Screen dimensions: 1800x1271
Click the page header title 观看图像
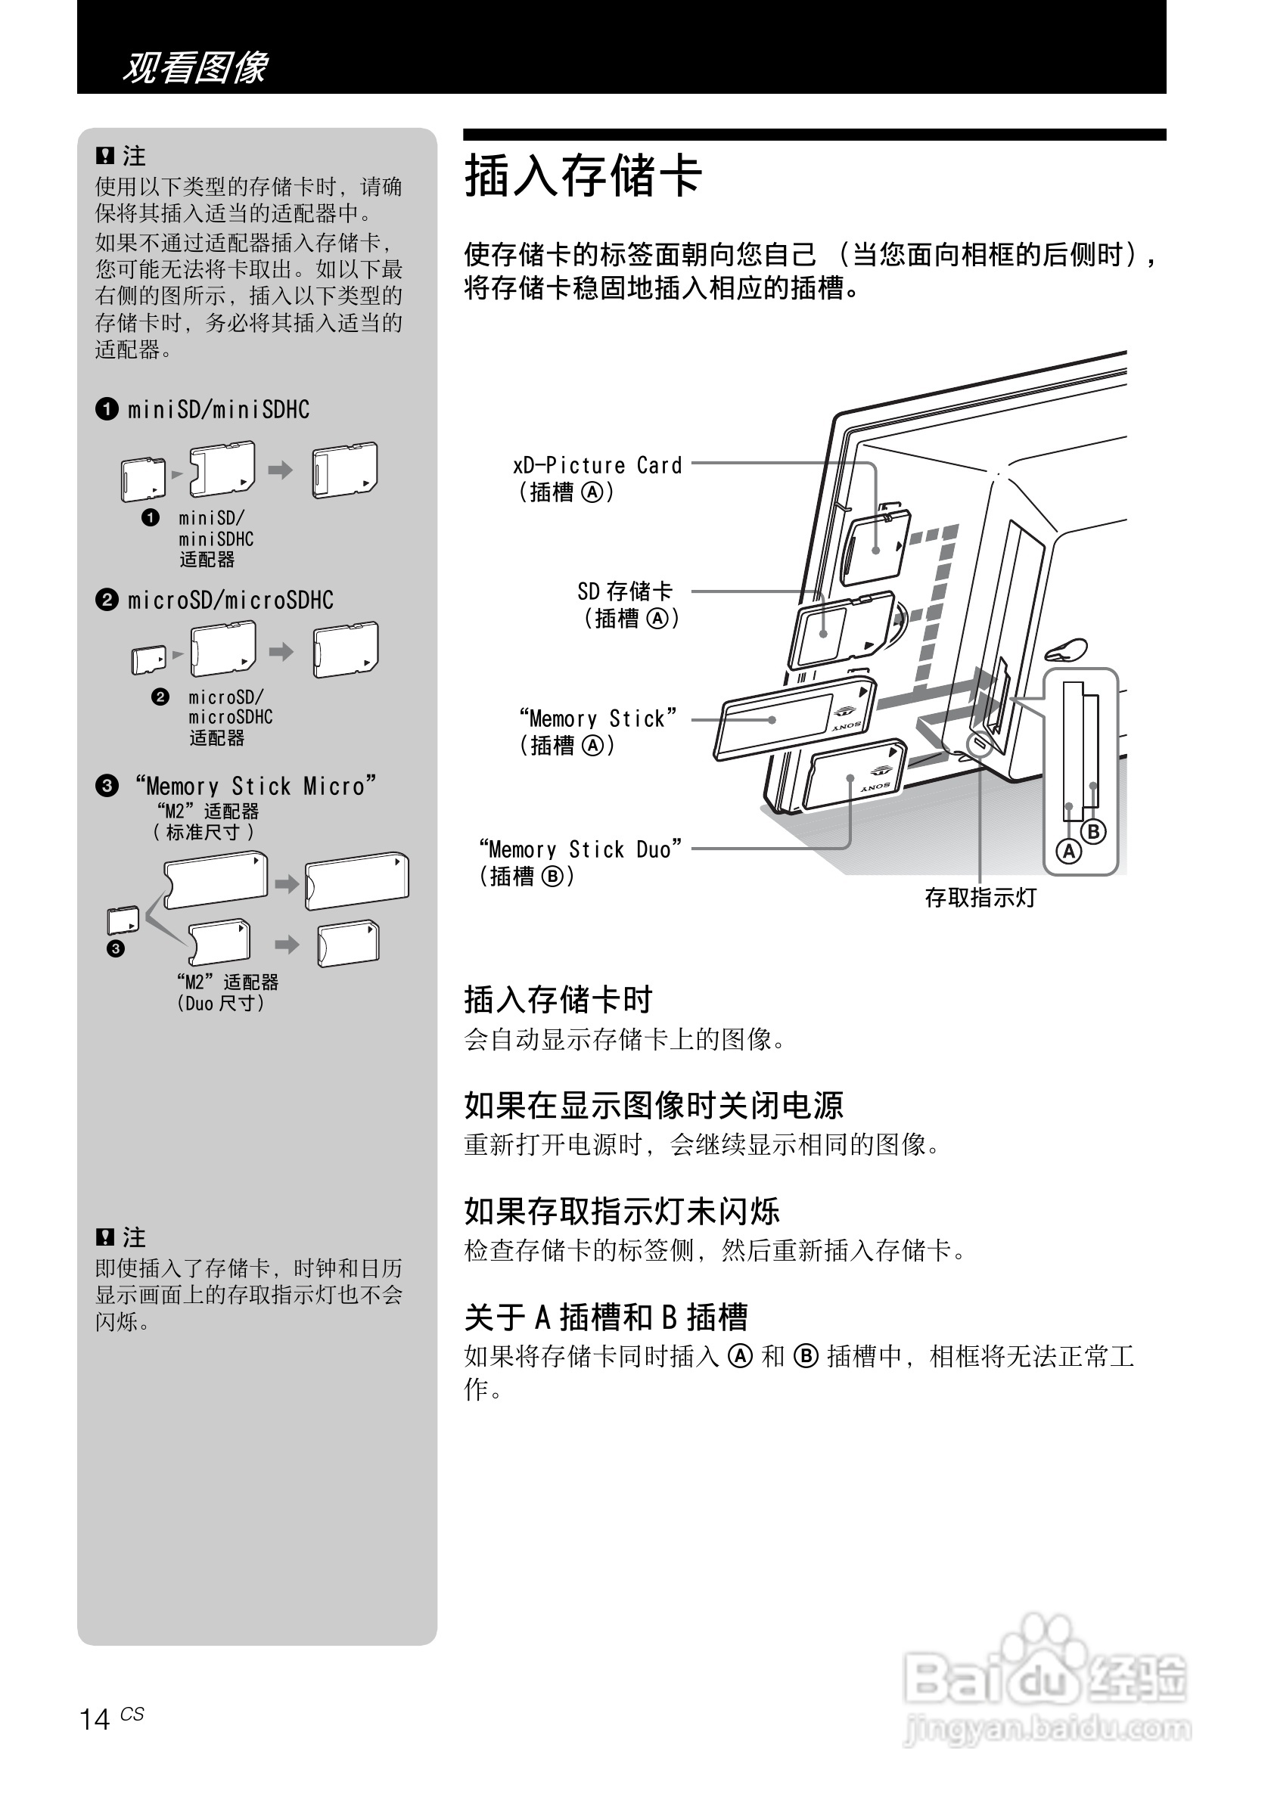(195, 67)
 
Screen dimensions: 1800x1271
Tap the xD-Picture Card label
(598, 466)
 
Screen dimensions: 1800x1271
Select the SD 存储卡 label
(625, 591)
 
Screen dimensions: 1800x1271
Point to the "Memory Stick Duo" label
(580, 850)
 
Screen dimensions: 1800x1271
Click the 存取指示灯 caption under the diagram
(980, 898)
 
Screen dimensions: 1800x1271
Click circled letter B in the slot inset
(1093, 831)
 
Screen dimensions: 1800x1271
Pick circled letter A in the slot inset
(1068, 852)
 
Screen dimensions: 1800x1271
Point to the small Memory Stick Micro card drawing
(123, 920)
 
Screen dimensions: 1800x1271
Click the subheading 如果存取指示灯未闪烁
(622, 1212)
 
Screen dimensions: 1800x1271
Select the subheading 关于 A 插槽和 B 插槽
(605, 1317)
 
